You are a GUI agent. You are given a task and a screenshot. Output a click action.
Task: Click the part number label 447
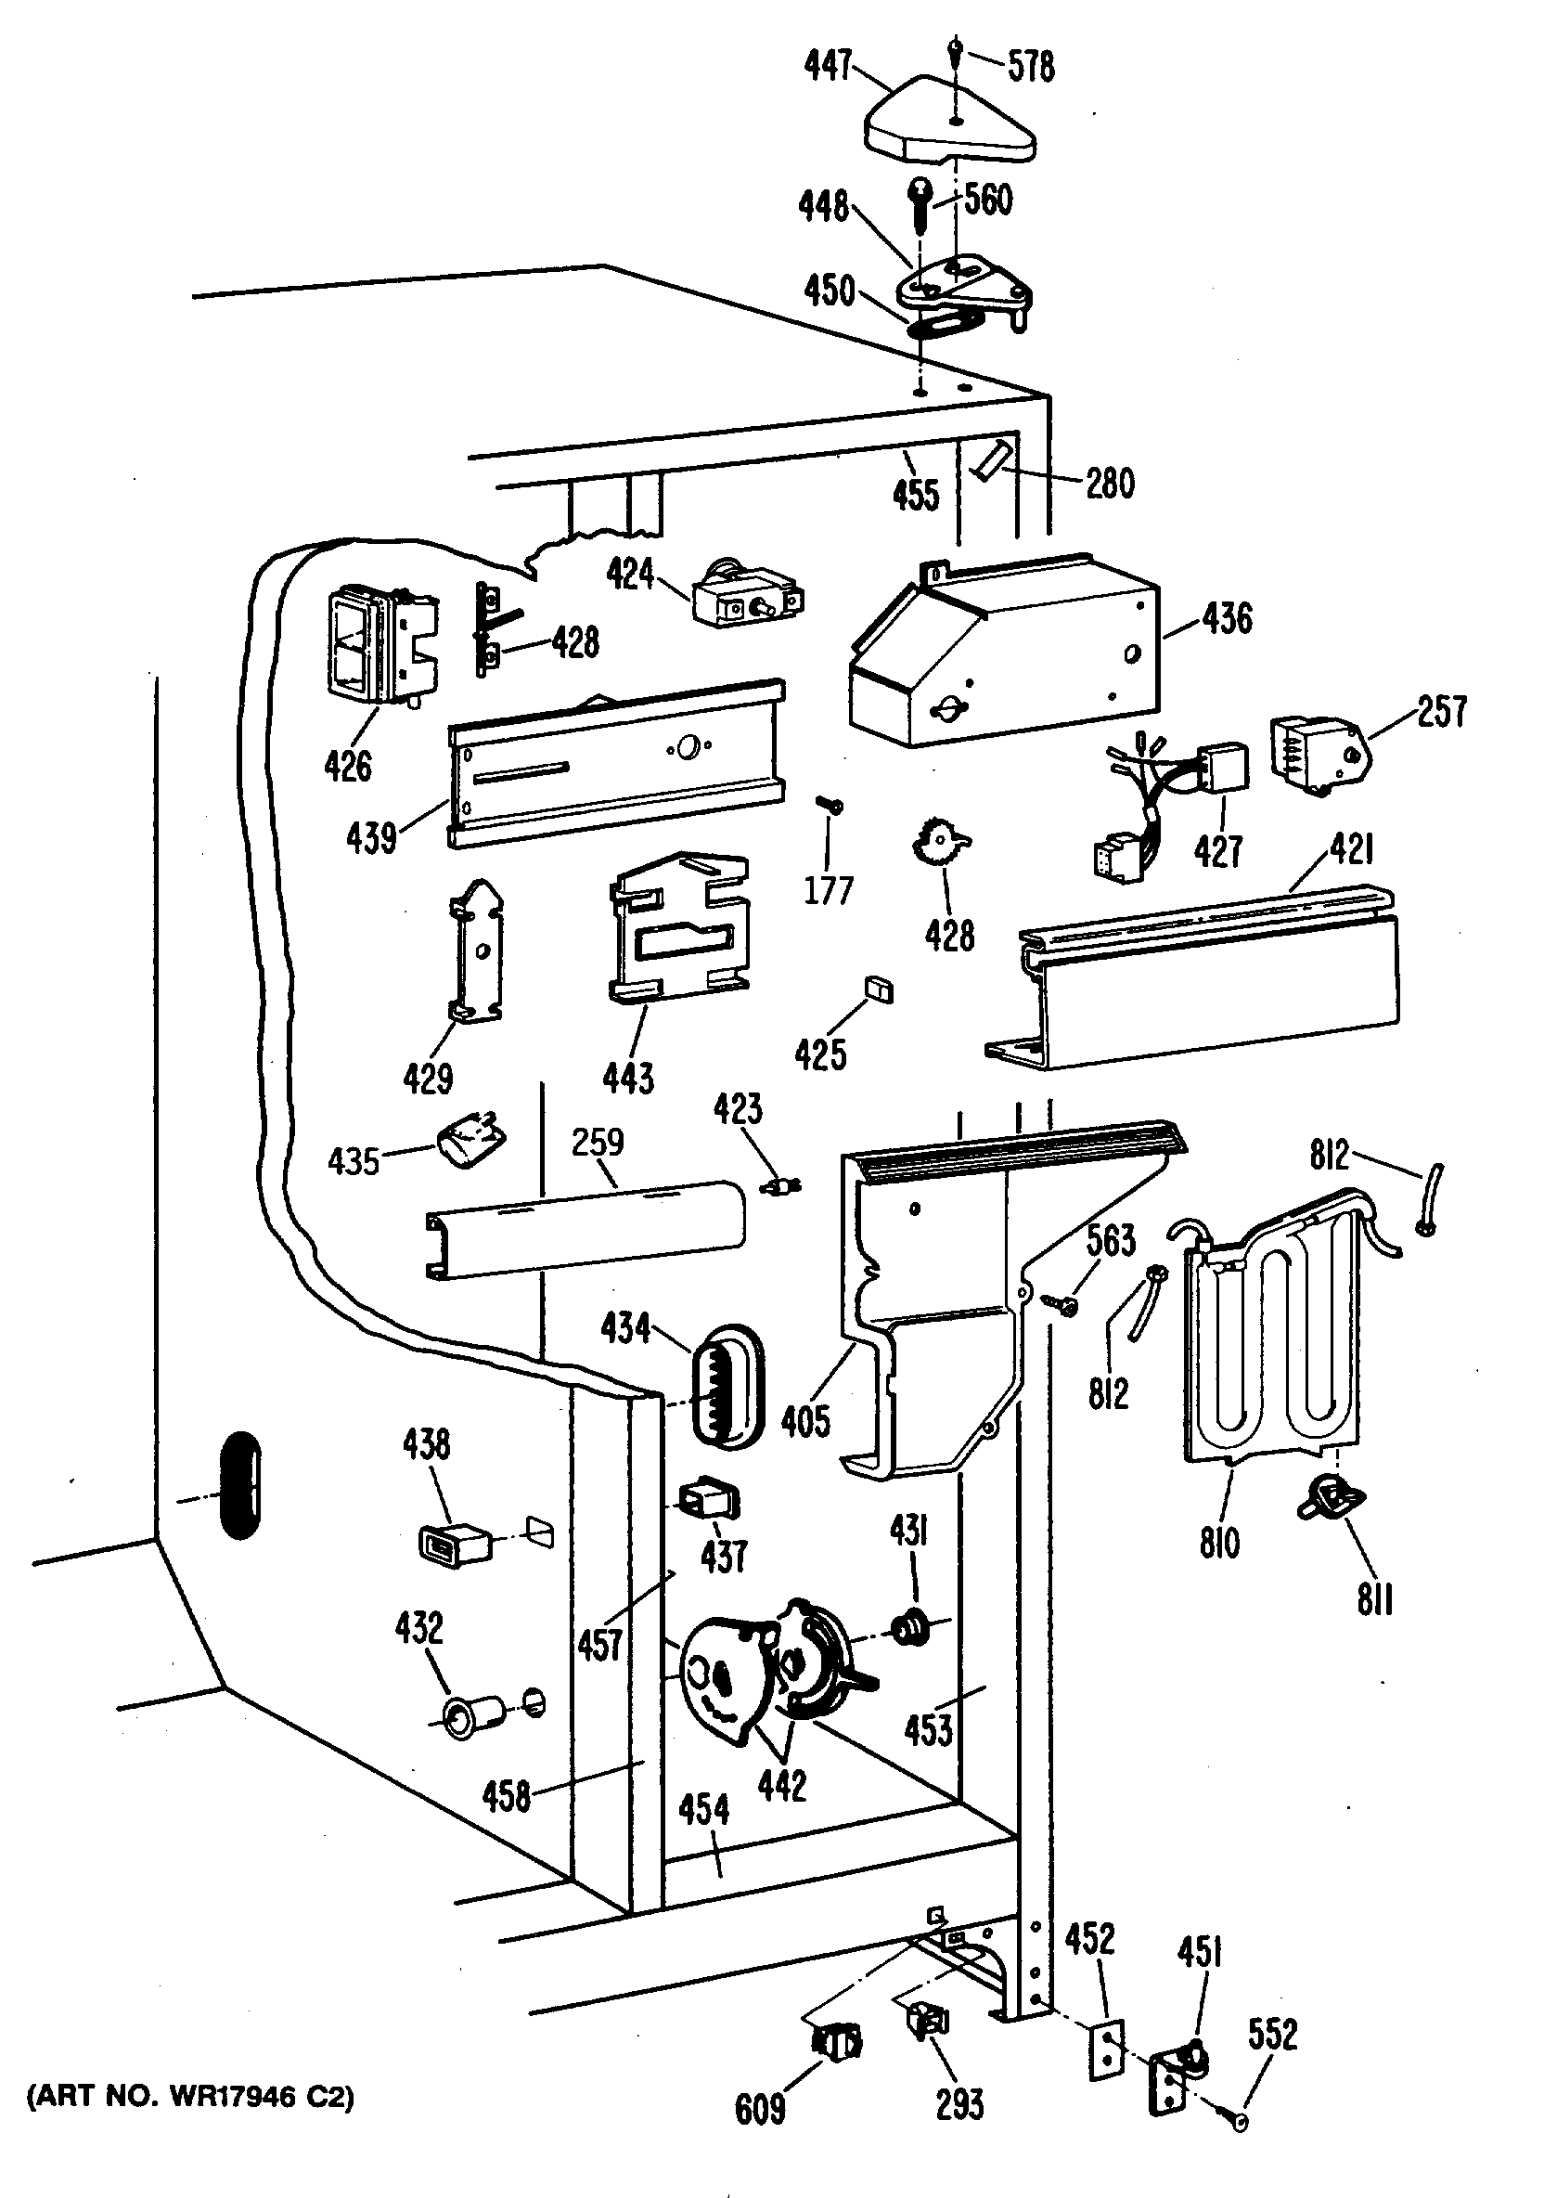coord(828,66)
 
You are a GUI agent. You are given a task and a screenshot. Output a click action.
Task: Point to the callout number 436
coord(1227,618)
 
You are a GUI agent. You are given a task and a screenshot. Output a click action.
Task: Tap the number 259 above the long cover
coord(598,1142)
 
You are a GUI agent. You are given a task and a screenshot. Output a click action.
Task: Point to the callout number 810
coord(1219,1543)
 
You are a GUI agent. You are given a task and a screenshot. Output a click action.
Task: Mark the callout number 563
coord(1111,1241)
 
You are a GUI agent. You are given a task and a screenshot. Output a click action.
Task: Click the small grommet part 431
coord(910,1627)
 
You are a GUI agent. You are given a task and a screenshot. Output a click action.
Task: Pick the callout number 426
coord(347,766)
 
